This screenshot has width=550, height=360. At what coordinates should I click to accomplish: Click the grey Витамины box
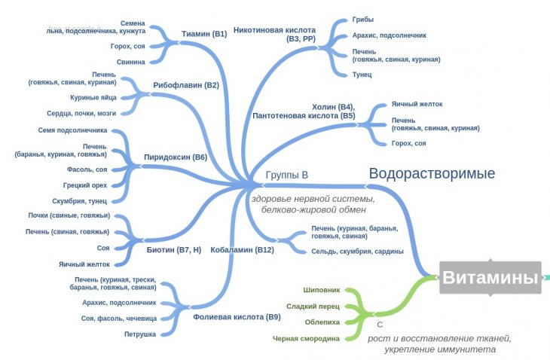coord(490,278)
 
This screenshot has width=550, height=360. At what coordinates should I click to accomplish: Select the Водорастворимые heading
coord(432,174)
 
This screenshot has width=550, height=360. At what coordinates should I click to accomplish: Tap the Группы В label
coord(287,175)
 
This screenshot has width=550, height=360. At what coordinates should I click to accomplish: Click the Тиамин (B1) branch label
coord(204,34)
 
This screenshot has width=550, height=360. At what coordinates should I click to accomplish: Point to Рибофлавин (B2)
coord(185,85)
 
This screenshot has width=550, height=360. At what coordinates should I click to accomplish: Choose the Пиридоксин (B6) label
coord(175,157)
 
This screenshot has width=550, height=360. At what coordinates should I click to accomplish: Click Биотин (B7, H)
coord(173,249)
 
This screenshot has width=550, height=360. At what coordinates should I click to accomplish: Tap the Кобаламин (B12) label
coord(242,249)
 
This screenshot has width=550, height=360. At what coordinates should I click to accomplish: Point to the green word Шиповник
coord(322,289)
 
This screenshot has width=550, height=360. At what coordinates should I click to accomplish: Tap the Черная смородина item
coord(307,339)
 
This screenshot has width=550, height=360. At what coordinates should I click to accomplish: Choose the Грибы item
coord(363,20)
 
